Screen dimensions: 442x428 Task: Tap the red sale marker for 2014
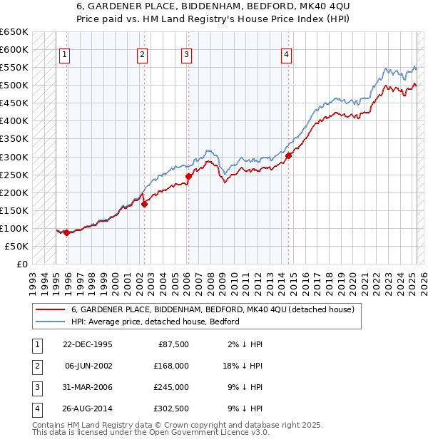(x=288, y=155)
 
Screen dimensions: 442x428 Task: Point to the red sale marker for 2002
(x=144, y=204)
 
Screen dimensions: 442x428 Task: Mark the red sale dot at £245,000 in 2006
(x=189, y=176)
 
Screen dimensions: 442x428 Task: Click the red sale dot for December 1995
(x=66, y=232)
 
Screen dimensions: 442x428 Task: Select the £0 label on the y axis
(x=21, y=264)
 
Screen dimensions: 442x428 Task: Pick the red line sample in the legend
(x=49, y=310)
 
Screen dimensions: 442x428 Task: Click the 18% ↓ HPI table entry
(x=242, y=365)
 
